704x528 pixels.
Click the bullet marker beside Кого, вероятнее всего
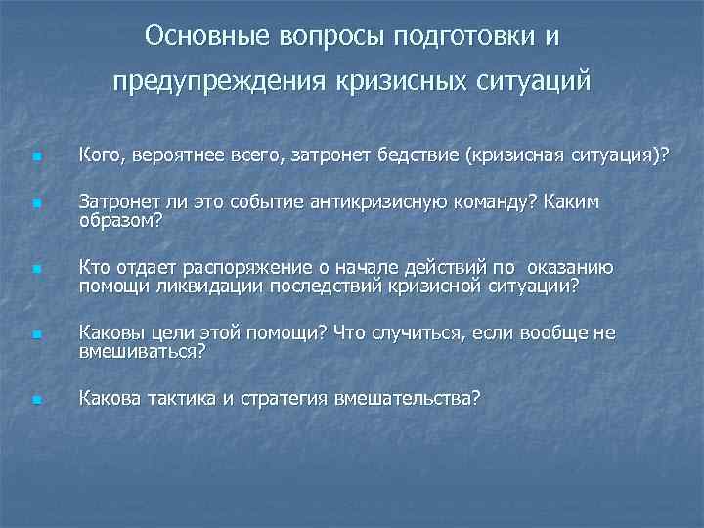(x=35, y=156)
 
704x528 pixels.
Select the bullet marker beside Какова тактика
(x=35, y=400)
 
